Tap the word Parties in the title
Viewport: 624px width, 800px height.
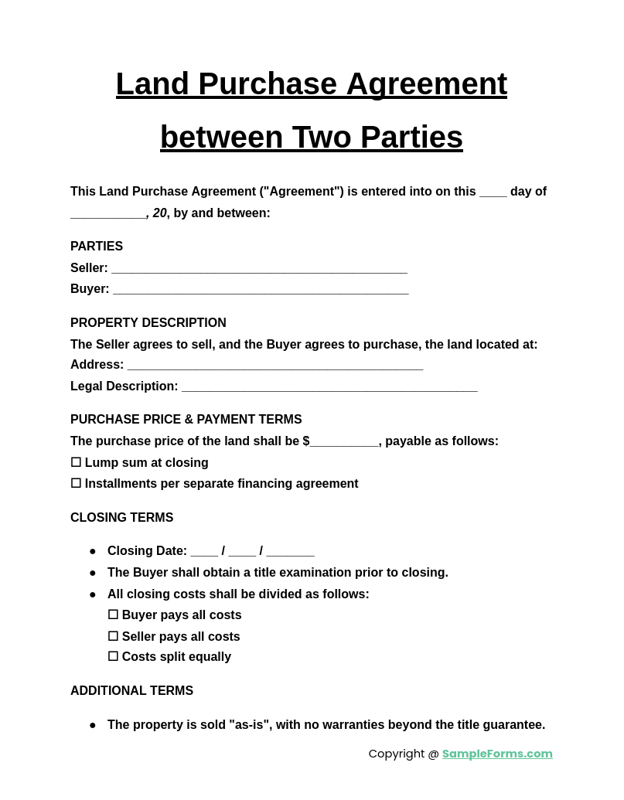coord(411,138)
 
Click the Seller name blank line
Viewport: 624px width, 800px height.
coord(259,269)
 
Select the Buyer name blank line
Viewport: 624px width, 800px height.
coord(261,290)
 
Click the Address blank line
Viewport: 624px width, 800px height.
coord(275,366)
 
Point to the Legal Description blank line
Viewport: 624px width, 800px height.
coord(329,387)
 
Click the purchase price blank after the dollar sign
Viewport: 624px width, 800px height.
coord(344,442)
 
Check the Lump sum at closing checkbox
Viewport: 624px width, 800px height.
coord(76,462)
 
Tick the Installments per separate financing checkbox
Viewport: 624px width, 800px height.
coord(76,483)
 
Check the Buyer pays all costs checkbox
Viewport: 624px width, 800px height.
coord(113,614)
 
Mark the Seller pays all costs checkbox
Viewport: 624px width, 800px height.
coord(113,636)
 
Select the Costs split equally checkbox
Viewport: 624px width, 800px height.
coord(113,656)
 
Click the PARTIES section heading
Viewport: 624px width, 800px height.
coord(97,247)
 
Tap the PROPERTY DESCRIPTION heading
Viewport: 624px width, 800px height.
coord(148,323)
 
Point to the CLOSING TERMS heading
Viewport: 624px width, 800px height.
coord(121,518)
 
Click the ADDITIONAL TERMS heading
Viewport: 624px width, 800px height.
coord(131,691)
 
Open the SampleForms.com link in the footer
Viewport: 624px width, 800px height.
coord(497,754)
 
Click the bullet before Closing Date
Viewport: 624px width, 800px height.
coord(93,551)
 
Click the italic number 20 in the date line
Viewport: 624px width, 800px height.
coord(159,213)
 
